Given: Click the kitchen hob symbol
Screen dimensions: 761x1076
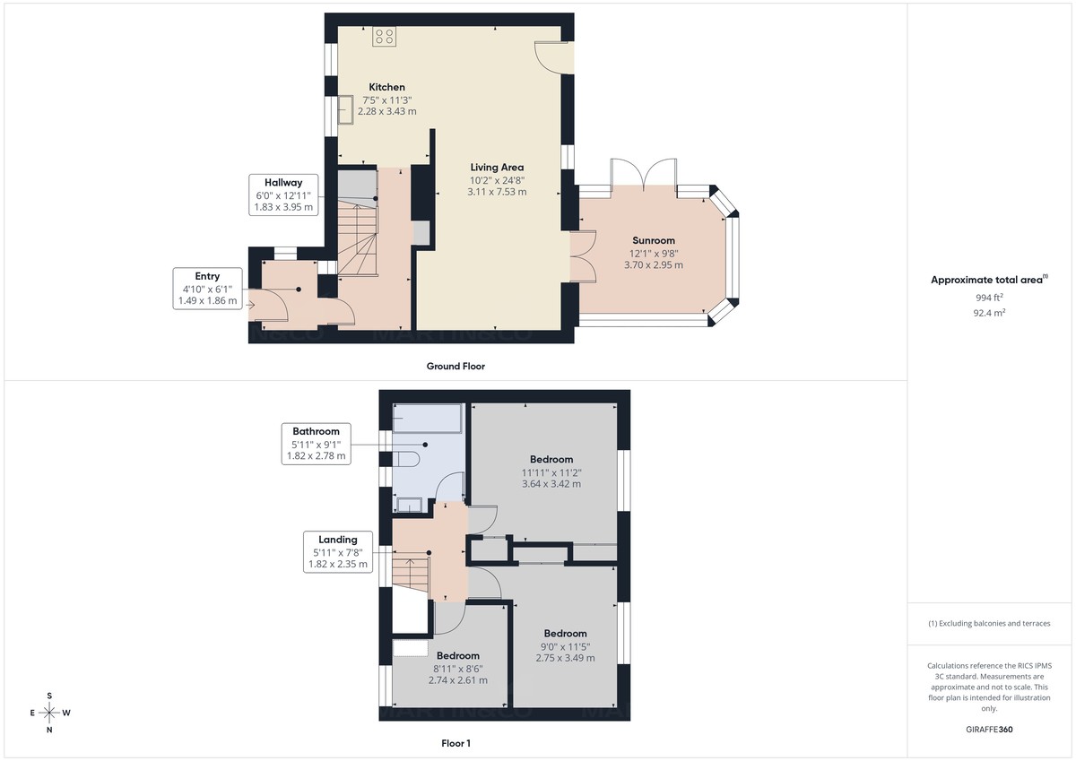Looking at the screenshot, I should coord(385,37).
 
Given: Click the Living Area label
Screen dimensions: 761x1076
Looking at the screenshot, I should coord(497,167).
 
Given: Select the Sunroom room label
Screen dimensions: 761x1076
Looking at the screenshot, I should coord(653,240).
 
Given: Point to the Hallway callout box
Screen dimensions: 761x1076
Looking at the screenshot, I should coord(283,195).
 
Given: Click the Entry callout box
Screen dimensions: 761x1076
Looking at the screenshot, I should coord(207,288).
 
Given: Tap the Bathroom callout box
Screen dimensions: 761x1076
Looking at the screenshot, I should coord(315,443).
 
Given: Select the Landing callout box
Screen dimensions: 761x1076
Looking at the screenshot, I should coord(337,551).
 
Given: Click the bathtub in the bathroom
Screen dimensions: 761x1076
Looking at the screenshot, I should coord(428,417).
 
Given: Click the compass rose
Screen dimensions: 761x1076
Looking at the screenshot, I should coord(49,713).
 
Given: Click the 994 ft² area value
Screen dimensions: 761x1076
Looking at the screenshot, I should coord(991,297).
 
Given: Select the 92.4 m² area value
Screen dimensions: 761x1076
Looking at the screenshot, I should coord(991,314).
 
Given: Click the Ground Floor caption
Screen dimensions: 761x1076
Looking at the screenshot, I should coord(456,366).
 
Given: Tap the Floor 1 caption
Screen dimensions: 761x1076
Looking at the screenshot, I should coord(456,743).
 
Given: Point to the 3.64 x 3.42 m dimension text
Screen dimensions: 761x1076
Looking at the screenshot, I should coord(551,484).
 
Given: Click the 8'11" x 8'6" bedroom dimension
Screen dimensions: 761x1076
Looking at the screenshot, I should coord(457,668).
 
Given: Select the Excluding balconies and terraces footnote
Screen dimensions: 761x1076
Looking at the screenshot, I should coord(989,623).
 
